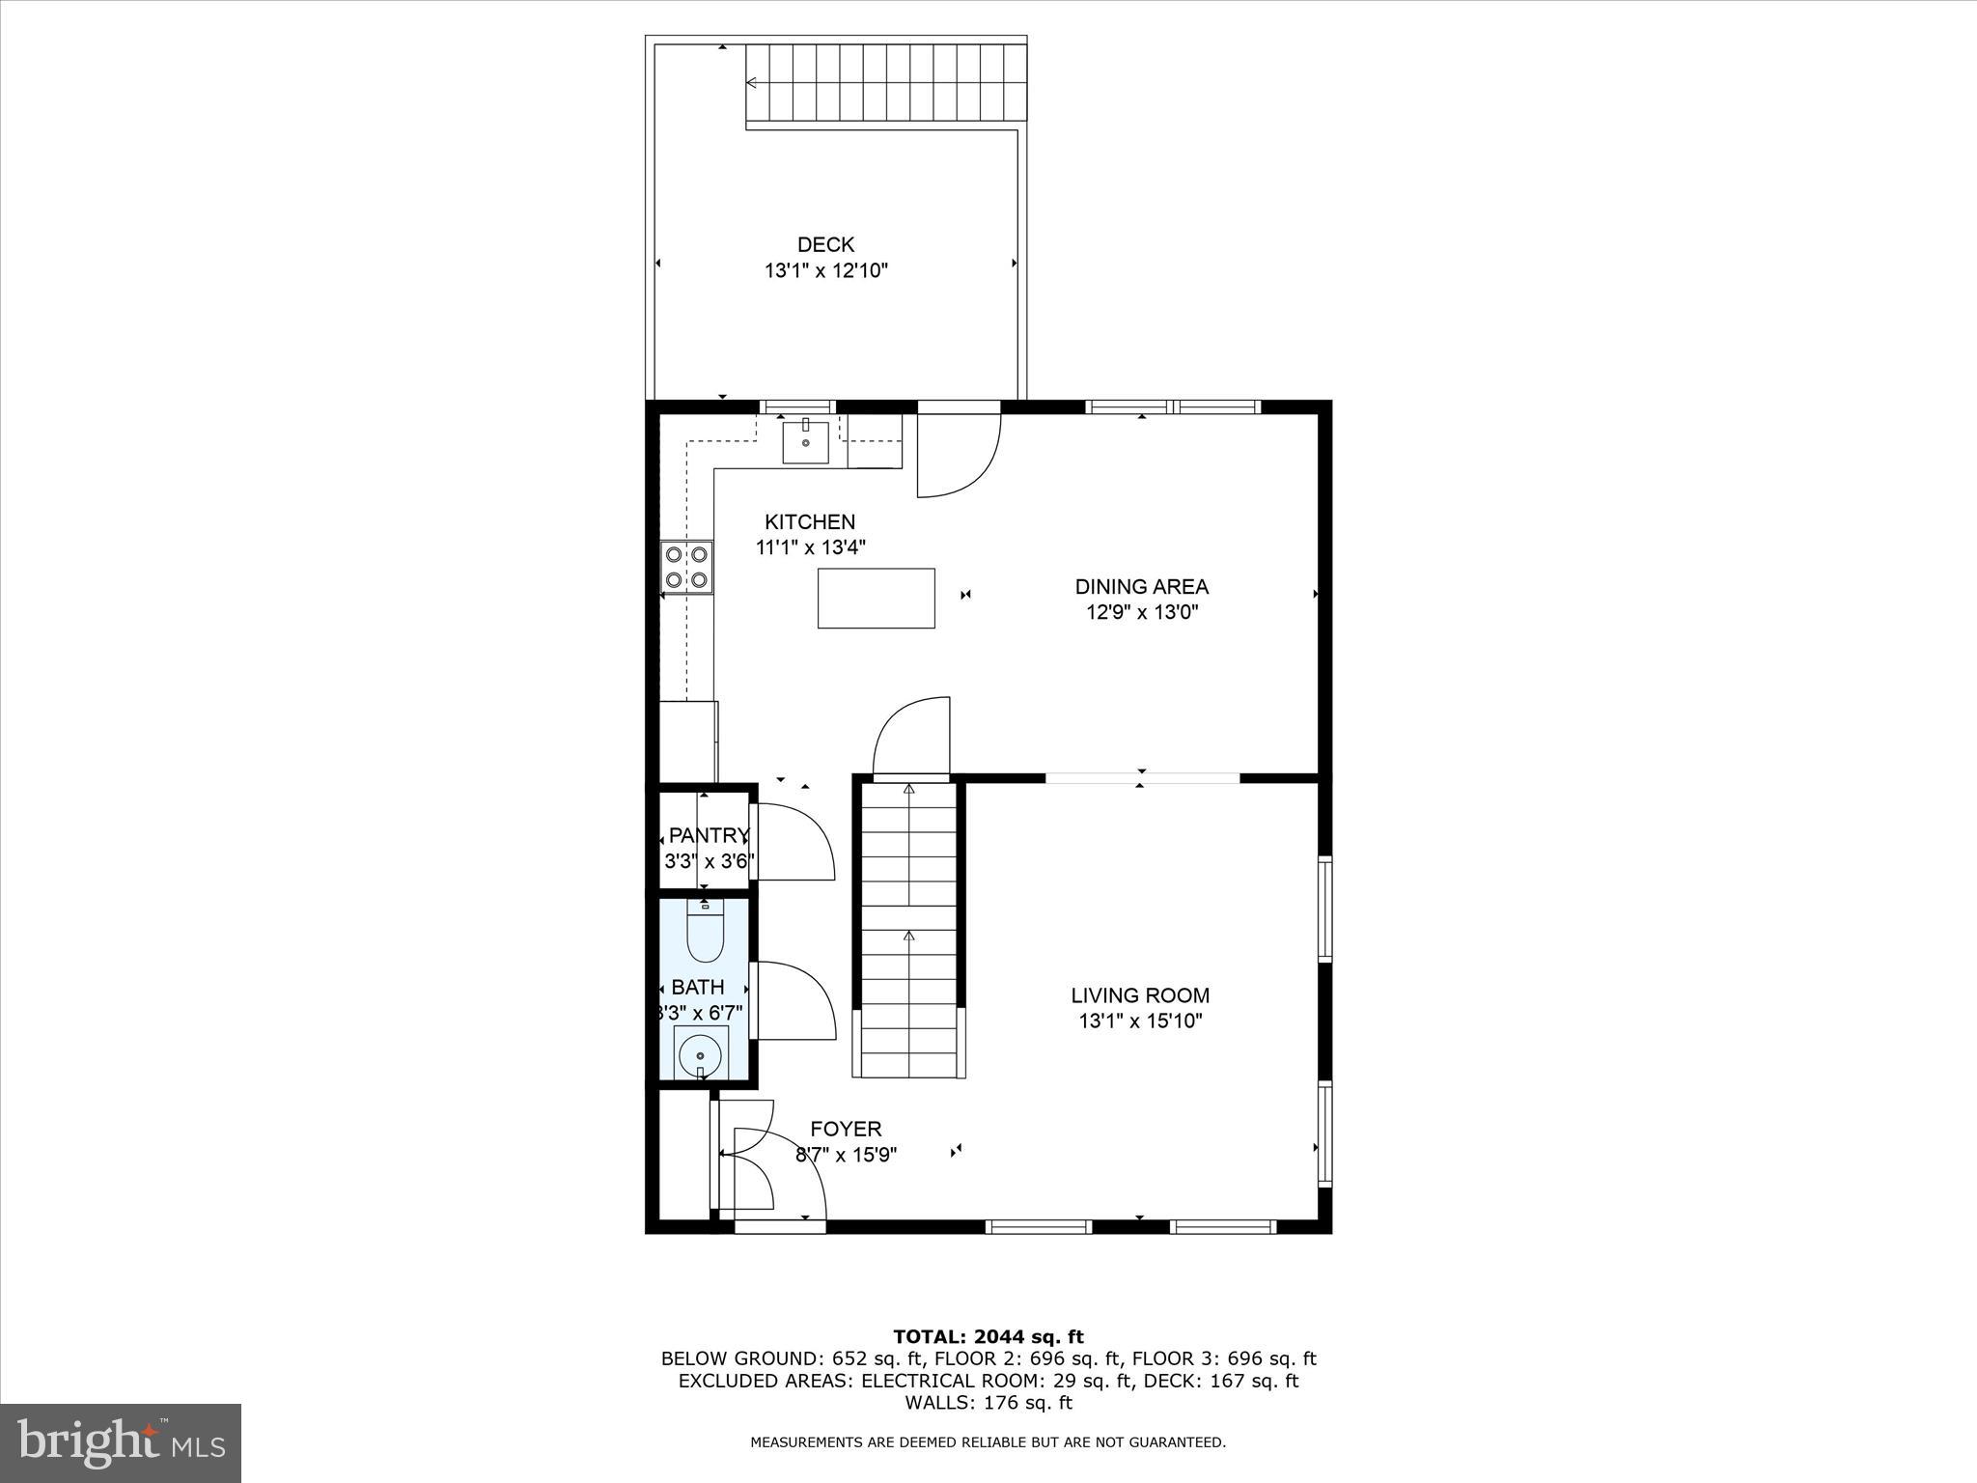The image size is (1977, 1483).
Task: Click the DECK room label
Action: point(825,245)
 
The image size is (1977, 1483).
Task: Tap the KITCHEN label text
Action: point(810,522)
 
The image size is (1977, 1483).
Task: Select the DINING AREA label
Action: point(1142,586)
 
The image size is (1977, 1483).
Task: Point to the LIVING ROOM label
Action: point(1140,995)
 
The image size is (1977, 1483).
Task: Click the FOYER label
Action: point(846,1129)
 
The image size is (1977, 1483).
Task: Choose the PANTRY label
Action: point(709,835)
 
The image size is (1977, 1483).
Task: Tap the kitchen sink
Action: point(805,442)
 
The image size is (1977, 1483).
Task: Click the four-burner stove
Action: point(687,567)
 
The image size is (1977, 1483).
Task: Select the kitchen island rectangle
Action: point(876,599)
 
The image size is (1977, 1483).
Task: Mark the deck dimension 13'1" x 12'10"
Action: point(825,271)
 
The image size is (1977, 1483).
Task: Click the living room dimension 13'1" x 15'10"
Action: point(1140,1021)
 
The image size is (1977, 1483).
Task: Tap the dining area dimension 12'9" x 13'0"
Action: point(1142,611)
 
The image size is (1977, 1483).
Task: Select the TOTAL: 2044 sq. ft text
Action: point(988,1337)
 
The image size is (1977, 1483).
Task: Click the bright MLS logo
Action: point(121,1442)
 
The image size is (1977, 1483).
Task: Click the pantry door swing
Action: point(794,841)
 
